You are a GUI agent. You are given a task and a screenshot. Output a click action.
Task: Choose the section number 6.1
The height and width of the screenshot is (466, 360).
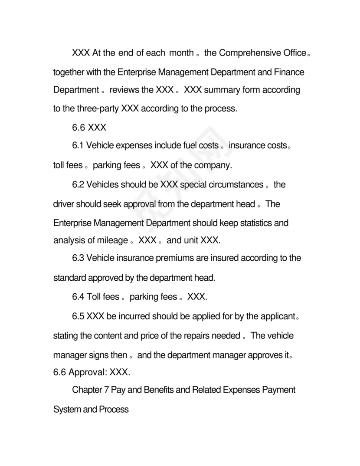pos(78,146)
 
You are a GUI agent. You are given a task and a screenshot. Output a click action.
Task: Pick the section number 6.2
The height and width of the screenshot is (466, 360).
pos(78,185)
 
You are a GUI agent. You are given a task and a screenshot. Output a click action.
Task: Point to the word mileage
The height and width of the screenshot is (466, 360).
pos(112,240)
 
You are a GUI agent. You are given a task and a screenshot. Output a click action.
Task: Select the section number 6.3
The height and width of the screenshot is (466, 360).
pos(78,258)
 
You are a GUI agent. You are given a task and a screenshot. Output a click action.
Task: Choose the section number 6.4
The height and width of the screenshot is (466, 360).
pos(78,297)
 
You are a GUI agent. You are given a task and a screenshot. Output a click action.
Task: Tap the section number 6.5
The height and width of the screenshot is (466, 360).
pos(78,316)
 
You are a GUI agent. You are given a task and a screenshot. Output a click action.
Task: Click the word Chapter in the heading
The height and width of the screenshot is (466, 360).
pos(86,390)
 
